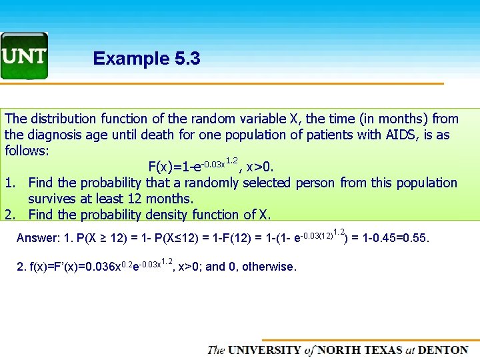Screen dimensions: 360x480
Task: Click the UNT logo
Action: coord(24,56)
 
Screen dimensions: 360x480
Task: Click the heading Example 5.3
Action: coord(147,59)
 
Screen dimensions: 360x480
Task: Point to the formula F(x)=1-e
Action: coord(171,167)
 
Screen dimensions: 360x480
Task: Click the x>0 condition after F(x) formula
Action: coord(261,167)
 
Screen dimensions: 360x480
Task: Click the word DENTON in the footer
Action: coord(446,350)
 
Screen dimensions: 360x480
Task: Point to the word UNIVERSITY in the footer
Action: coord(265,350)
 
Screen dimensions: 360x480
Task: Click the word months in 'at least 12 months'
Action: coord(171,199)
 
